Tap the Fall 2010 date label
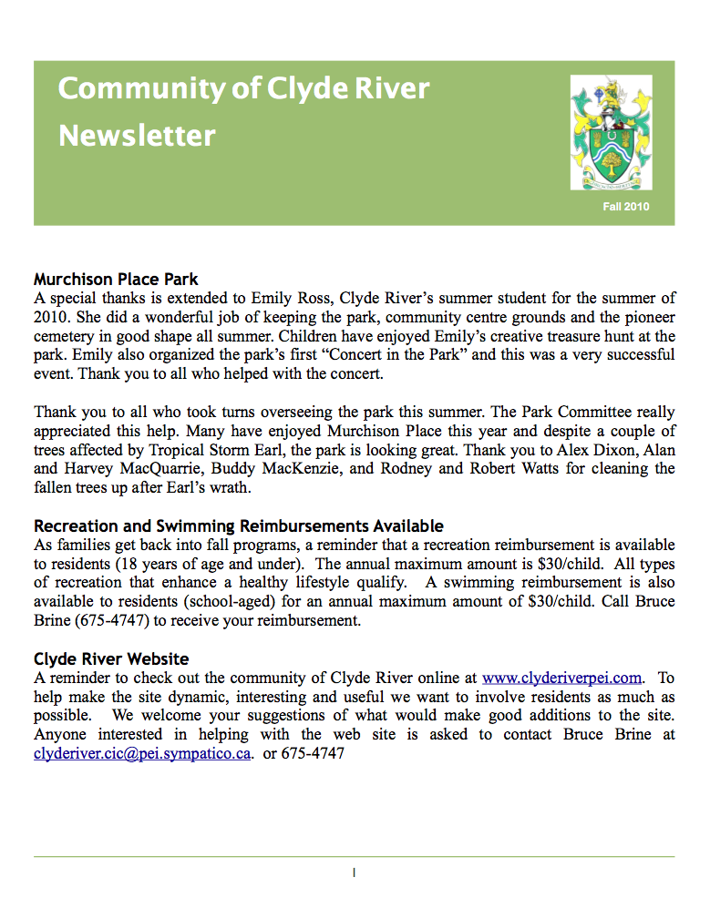click(x=625, y=208)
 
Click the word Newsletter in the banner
click(x=137, y=137)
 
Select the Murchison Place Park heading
click(x=116, y=279)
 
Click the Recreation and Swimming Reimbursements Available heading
click(x=239, y=525)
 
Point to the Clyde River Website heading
click(x=111, y=658)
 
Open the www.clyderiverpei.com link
click(x=562, y=678)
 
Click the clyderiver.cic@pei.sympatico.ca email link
click(x=142, y=753)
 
